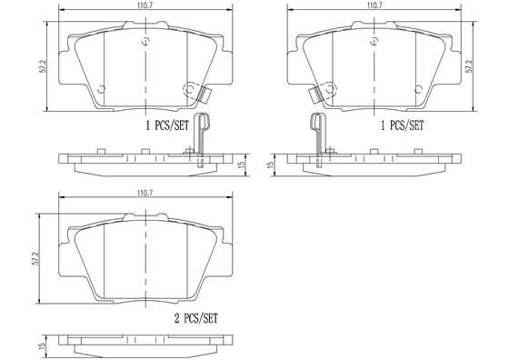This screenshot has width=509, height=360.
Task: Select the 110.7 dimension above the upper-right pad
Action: pyautogui.click(x=373, y=5)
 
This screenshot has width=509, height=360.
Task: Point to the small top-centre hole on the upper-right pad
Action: pyautogui.click(x=374, y=41)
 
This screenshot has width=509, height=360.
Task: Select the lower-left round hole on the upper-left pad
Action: pyautogui.click(x=102, y=88)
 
